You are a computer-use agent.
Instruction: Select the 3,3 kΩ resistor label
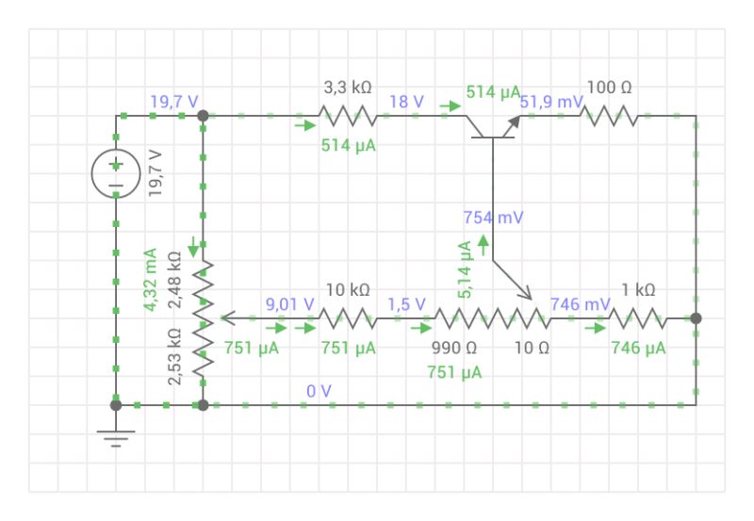[x=347, y=88]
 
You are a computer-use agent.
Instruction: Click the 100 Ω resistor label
[x=609, y=88]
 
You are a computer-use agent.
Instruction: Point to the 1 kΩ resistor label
[x=637, y=290]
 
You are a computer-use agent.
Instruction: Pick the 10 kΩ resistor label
[x=347, y=290]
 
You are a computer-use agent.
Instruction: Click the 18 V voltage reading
[x=406, y=101]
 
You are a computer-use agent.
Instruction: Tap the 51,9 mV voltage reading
[x=551, y=101]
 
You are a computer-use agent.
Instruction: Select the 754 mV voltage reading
[x=493, y=218]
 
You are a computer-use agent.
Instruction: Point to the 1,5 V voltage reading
[x=406, y=304]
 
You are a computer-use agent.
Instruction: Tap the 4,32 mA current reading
[x=150, y=280]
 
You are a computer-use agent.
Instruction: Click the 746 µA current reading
[x=638, y=348]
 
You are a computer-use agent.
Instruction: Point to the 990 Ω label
[x=453, y=348]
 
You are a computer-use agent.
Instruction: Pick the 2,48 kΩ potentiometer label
[x=174, y=280]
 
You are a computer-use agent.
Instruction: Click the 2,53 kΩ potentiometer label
[x=174, y=357]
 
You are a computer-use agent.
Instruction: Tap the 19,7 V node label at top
[x=172, y=101]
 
